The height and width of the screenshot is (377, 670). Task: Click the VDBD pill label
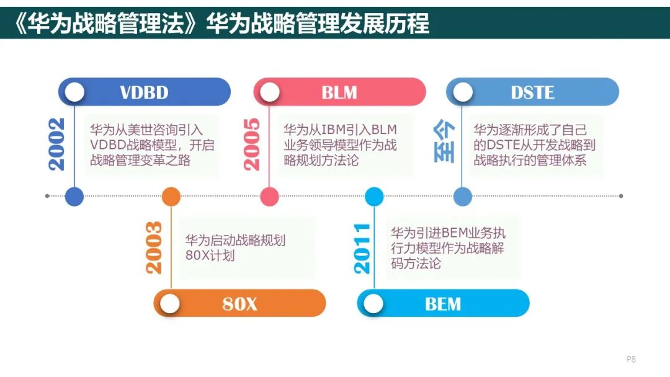pyautogui.click(x=144, y=92)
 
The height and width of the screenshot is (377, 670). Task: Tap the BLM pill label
pyautogui.click(x=339, y=92)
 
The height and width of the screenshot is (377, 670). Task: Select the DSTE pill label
pyautogui.click(x=532, y=92)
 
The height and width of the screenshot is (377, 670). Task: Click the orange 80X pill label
pyautogui.click(x=239, y=304)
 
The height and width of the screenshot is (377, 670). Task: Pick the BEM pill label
pyautogui.click(x=443, y=304)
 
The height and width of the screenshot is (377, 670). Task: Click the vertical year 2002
pyautogui.click(x=57, y=144)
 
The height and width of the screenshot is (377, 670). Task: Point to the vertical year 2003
pyautogui.click(x=154, y=247)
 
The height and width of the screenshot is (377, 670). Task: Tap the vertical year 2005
pyautogui.click(x=252, y=144)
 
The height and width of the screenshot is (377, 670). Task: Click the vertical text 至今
pyautogui.click(x=444, y=142)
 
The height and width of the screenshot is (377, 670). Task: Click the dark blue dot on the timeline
pyautogui.click(x=74, y=197)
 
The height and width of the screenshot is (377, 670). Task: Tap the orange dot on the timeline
pyautogui.click(x=171, y=197)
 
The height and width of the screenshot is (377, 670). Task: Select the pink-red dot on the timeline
pyautogui.click(x=270, y=197)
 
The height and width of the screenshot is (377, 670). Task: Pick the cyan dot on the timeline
pyautogui.click(x=374, y=197)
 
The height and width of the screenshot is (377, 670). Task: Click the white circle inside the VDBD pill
pyautogui.click(x=74, y=92)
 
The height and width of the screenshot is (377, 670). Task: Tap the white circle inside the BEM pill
pyautogui.click(x=373, y=304)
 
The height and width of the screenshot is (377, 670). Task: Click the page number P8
pyautogui.click(x=632, y=359)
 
